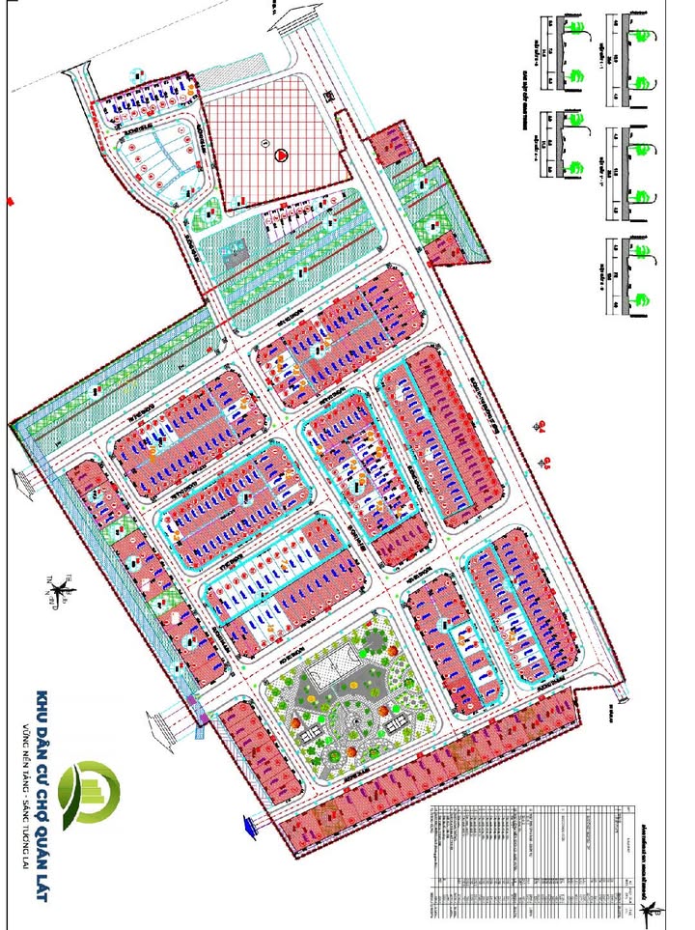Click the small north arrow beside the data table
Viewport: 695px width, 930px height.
(653, 909)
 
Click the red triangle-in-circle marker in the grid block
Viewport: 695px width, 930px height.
(281, 154)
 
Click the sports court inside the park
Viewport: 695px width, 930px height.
(328, 665)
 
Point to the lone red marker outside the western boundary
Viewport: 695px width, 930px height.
(8, 200)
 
